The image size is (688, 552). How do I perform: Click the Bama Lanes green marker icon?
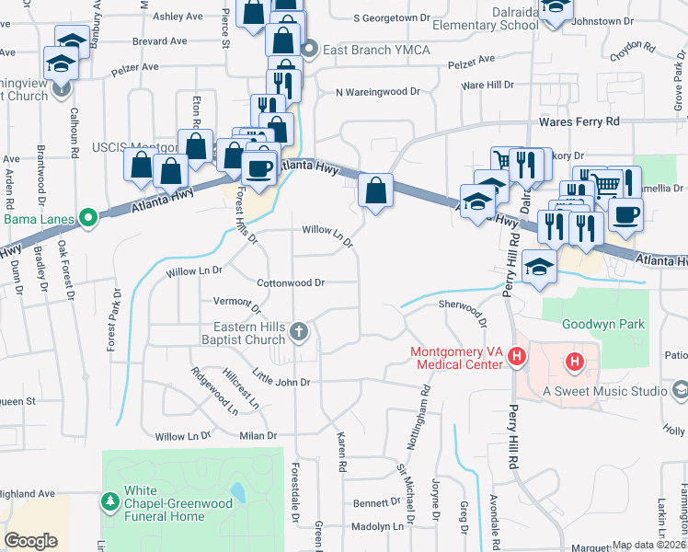click(88, 218)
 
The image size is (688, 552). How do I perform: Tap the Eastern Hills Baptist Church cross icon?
click(298, 330)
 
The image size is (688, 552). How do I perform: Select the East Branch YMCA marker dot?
click(310, 50)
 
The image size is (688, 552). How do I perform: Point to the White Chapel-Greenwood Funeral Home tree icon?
click(109, 500)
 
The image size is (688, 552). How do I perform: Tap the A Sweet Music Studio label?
click(604, 391)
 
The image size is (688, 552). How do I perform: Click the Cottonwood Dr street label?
click(291, 283)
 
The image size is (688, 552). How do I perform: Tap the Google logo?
click(31, 541)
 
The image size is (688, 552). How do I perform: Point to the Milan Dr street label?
click(258, 435)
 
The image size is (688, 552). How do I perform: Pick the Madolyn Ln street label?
click(379, 526)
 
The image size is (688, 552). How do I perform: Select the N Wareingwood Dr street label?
click(377, 92)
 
